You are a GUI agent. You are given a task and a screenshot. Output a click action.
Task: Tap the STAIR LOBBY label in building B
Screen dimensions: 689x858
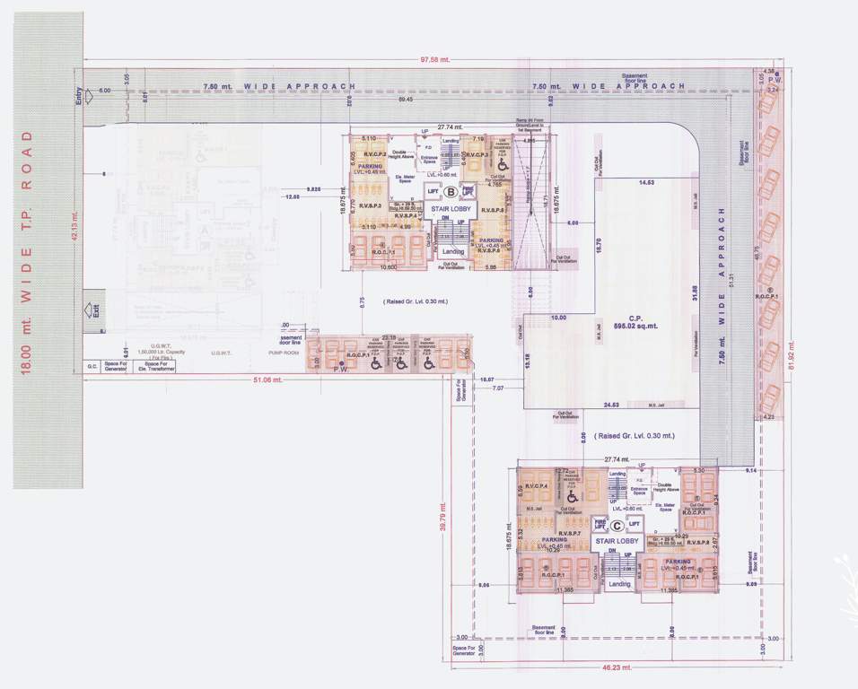pos(450,211)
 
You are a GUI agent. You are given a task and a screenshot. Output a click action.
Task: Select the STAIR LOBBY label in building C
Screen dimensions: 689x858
pos(617,542)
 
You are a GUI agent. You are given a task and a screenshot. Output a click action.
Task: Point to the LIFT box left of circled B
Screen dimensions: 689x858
pos(433,191)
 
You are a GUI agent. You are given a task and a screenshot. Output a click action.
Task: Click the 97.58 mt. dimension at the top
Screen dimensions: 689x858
pos(434,60)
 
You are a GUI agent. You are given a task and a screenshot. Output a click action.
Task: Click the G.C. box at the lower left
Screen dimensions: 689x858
pos(92,366)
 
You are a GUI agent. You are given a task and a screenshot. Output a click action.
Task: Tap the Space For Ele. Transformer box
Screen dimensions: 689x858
pos(153,366)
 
